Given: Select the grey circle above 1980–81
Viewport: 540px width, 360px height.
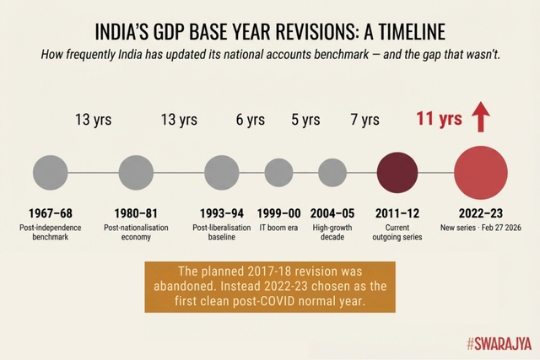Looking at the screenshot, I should click(x=135, y=173).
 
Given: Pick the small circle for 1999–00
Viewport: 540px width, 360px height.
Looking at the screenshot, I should click(x=280, y=173).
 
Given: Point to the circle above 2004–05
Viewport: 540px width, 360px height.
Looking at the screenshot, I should click(x=332, y=173).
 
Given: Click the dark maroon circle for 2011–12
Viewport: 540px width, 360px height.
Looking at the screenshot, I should click(x=395, y=173).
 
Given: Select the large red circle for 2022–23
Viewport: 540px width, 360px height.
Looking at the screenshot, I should click(x=481, y=173).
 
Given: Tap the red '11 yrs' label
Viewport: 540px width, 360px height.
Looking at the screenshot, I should click(x=439, y=119).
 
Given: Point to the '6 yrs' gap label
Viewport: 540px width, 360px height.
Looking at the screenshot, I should click(x=251, y=120).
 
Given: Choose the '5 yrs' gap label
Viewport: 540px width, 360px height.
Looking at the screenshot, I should click(x=305, y=120).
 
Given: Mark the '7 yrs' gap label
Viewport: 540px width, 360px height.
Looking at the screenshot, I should click(x=364, y=120).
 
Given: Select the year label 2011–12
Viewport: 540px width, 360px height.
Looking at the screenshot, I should click(x=396, y=213).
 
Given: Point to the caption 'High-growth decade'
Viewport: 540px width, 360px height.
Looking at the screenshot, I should click(x=332, y=233).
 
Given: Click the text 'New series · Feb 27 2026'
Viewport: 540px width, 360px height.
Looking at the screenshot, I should click(x=481, y=228).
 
